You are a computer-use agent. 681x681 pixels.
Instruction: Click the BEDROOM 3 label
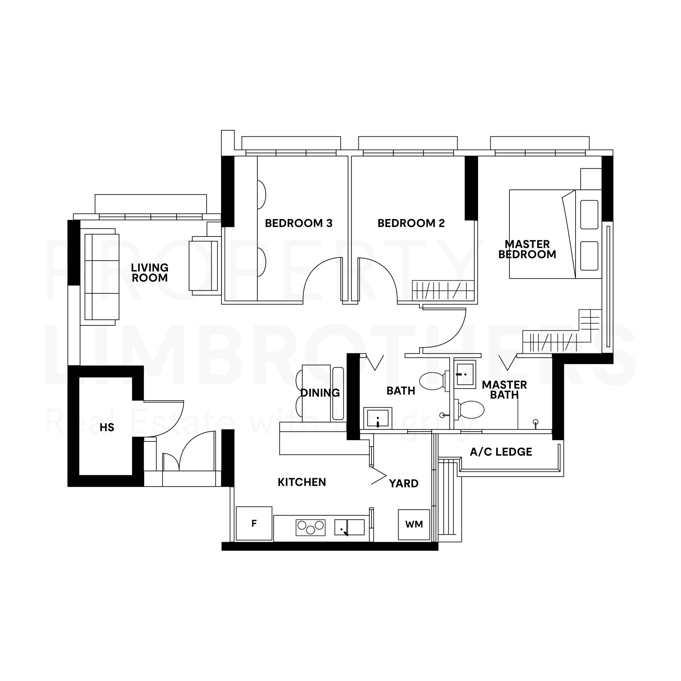click(298, 223)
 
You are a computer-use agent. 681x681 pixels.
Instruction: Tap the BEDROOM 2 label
click(411, 223)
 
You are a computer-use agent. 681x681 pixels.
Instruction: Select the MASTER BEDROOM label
click(527, 249)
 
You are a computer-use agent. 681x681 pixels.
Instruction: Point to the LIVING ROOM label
click(150, 272)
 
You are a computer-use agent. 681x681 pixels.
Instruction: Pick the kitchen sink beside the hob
click(349, 527)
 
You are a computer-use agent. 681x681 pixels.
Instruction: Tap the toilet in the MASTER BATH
click(469, 409)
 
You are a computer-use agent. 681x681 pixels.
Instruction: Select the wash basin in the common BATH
click(377, 418)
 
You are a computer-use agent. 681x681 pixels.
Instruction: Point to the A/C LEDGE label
click(501, 452)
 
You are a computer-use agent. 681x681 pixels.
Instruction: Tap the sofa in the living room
click(100, 277)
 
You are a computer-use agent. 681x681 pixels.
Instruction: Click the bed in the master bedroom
click(555, 234)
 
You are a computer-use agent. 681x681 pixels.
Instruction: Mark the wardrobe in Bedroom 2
click(443, 291)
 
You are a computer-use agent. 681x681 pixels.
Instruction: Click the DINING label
click(320, 393)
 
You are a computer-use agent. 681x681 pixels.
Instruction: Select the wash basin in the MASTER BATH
click(464, 374)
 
